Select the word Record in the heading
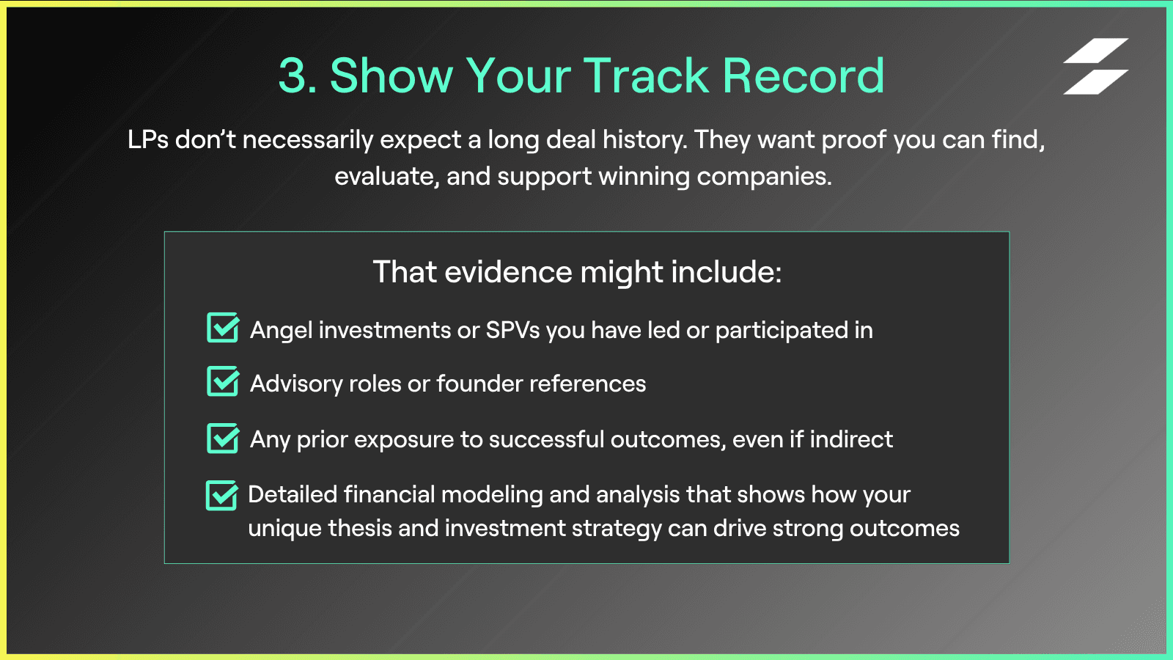pyautogui.click(x=804, y=76)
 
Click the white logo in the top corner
pyautogui.click(x=1095, y=66)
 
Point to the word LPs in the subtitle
pyautogui.click(x=148, y=140)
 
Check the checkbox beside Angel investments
pyautogui.click(x=223, y=327)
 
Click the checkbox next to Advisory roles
pyautogui.click(x=223, y=381)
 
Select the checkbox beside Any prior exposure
pyautogui.click(x=223, y=438)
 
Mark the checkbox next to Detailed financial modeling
pyautogui.click(x=222, y=495)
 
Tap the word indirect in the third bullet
pyautogui.click(x=851, y=439)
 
